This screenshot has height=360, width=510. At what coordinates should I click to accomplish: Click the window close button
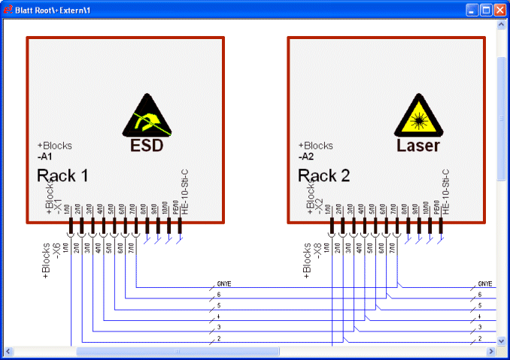[499, 11]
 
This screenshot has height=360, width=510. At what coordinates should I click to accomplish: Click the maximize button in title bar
[486, 11]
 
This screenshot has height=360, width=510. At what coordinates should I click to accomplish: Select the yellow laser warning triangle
[417, 116]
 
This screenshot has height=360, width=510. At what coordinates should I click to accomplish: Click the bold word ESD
[147, 145]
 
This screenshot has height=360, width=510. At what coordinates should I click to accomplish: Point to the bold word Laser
[417, 145]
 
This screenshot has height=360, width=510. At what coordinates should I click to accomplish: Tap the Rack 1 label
[62, 176]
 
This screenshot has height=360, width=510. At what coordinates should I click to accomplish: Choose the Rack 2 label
[324, 176]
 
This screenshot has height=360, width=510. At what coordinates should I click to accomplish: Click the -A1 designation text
[44, 157]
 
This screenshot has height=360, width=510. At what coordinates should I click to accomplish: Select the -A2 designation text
[306, 157]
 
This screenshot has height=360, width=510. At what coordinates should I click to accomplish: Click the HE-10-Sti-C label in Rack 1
[184, 191]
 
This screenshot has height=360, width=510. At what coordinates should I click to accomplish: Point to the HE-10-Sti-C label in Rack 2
[445, 191]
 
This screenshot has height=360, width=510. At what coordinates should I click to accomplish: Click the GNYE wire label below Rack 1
[224, 284]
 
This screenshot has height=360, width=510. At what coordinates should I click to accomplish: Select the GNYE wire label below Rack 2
[485, 284]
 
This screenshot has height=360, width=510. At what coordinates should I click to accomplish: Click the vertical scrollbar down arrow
[502, 340]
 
